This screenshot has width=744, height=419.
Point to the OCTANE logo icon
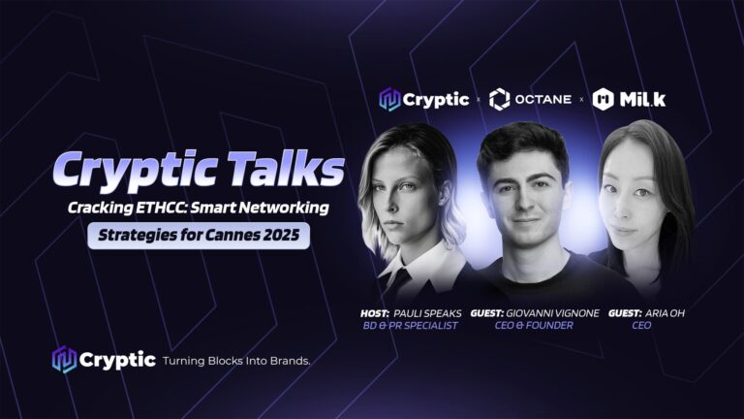point(499,99)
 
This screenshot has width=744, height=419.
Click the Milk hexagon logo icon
point(604,99)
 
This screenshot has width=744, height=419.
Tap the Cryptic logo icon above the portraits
point(389,99)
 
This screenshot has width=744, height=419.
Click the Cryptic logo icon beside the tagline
point(64,360)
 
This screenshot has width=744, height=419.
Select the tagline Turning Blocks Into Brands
point(236,361)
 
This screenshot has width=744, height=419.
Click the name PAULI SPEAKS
point(427,313)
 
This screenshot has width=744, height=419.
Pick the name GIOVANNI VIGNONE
point(552,313)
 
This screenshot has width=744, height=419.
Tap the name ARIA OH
point(665,313)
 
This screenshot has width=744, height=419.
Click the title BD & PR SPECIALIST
point(411,326)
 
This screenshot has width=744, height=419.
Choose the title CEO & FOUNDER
point(534,326)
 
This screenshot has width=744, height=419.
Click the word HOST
point(374,313)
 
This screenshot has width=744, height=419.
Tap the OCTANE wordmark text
point(543,99)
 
